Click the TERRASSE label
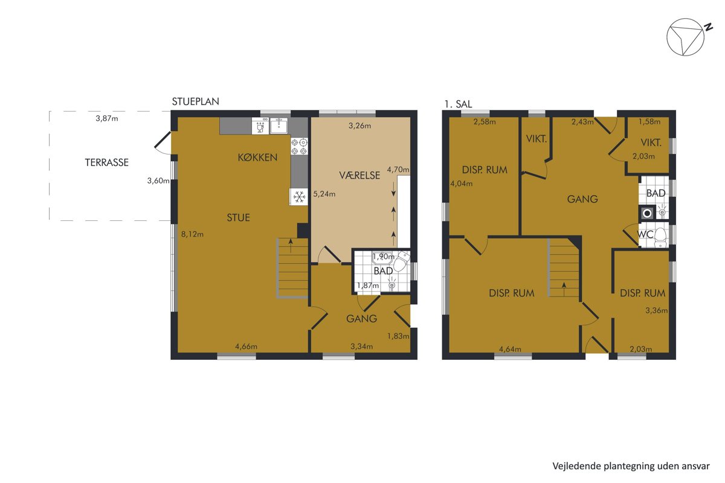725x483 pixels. click(106, 162)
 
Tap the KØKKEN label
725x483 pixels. click(257, 158)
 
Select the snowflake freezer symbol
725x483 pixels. click(299, 197)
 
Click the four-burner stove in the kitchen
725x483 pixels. click(299, 147)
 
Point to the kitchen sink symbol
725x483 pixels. click(279, 126)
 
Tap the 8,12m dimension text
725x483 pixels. click(192, 234)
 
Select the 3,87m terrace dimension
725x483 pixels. click(107, 118)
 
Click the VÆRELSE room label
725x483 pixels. click(359, 175)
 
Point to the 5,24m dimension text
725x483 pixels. click(324, 194)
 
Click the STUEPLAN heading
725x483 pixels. click(196, 101)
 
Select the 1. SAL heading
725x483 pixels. click(458, 104)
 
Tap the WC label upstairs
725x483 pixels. click(645, 234)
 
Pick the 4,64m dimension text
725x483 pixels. click(510, 349)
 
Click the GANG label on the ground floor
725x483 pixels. click(361, 319)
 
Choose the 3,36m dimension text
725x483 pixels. click(656, 310)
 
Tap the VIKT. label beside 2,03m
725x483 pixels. click(651, 142)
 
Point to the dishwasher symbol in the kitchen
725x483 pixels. click(260, 126)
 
